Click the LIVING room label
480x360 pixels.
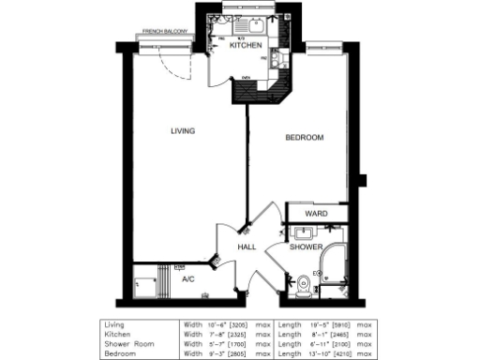click(x=183, y=131)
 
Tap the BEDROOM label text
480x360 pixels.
click(x=304, y=138)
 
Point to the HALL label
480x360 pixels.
click(x=247, y=247)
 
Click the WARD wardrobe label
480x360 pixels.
click(x=316, y=215)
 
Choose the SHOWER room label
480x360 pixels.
click(x=306, y=247)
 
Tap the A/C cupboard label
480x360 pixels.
click(x=188, y=278)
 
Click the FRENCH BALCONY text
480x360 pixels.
click(x=165, y=32)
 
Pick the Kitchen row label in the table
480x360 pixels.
click(x=117, y=333)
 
